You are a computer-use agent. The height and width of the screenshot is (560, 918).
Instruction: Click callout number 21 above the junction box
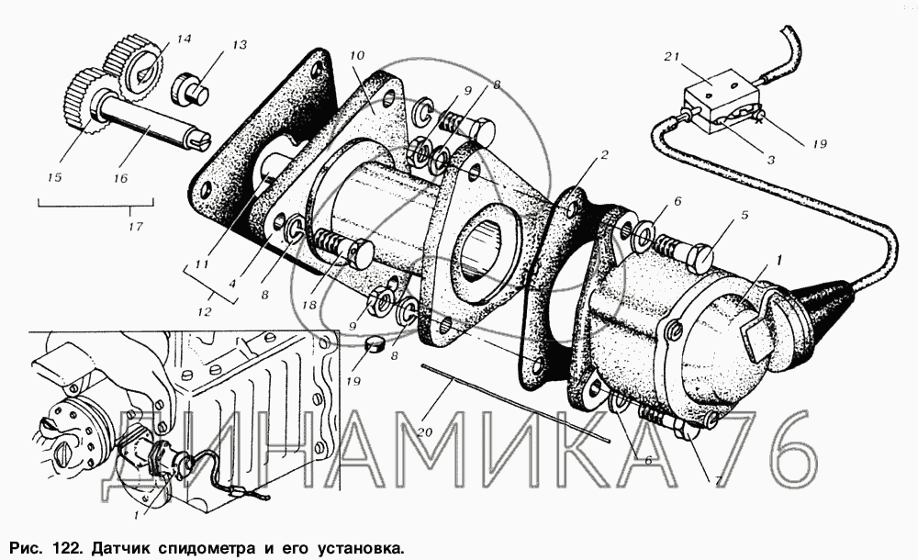[x=672, y=57]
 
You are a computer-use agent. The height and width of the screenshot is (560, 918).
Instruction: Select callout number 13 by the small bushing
[x=239, y=45]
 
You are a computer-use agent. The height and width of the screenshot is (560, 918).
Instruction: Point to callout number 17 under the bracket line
[x=135, y=226]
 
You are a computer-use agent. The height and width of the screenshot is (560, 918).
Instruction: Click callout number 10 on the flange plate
[x=357, y=56]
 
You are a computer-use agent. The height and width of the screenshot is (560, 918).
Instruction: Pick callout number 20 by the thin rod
[x=424, y=432]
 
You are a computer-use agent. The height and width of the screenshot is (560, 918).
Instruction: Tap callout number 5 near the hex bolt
[x=744, y=216]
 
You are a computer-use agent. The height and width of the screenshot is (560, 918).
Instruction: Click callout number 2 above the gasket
[x=604, y=154]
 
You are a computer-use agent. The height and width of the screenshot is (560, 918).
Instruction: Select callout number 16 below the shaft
[x=120, y=178]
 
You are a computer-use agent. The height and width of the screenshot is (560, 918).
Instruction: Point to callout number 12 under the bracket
[x=204, y=312]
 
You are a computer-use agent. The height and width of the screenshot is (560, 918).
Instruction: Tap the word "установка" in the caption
[x=361, y=550]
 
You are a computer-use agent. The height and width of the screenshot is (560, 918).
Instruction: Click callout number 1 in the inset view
[x=138, y=516]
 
